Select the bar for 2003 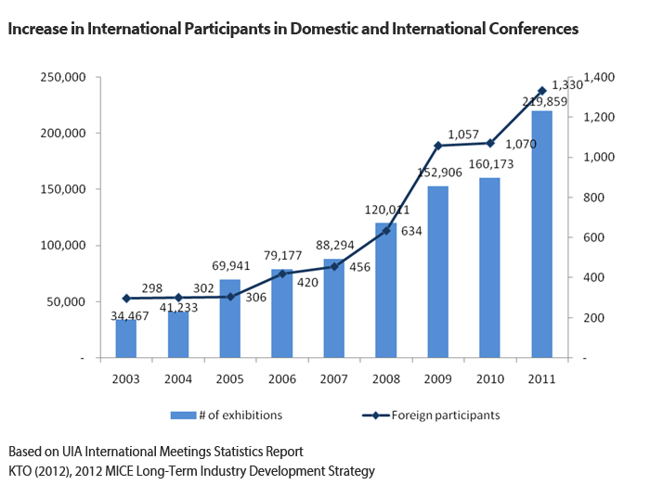tap(126, 338)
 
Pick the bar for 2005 tap(230, 318)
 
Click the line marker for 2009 tap(438, 146)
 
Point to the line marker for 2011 tap(542, 90)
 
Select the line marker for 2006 tap(282, 274)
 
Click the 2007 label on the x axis tap(334, 380)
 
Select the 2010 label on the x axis tap(490, 380)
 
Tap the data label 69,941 tap(230, 267)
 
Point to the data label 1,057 tap(464, 134)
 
